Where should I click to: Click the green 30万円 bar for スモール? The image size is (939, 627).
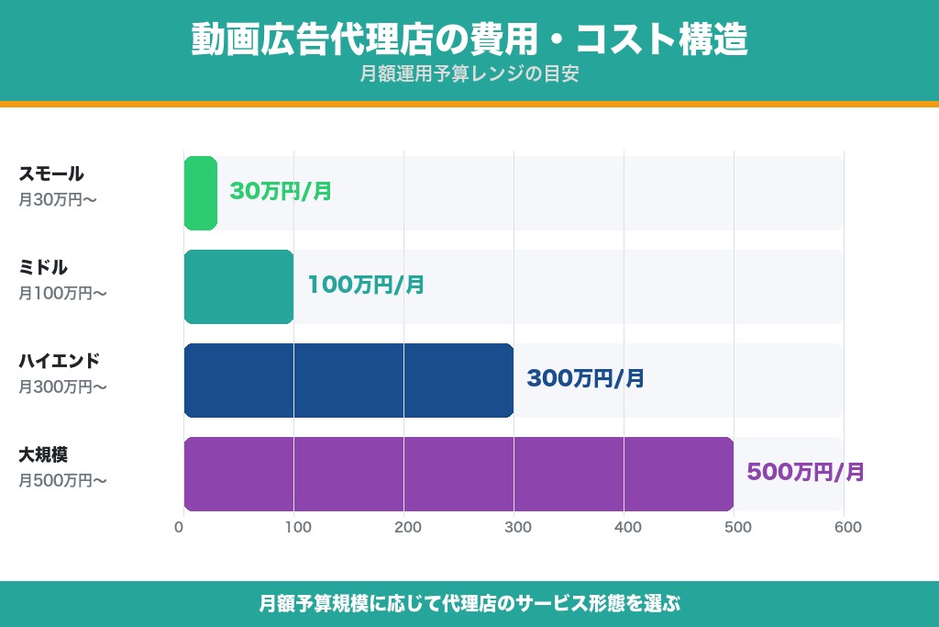click(201, 193)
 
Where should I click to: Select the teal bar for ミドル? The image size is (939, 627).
click(238, 286)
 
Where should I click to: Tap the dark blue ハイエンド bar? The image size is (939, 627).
click(348, 380)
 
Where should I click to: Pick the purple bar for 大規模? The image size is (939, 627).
click(458, 474)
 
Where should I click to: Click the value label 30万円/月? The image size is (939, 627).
click(281, 192)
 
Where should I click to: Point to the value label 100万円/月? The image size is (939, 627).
click(366, 286)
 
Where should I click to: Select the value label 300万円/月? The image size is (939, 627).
click(585, 378)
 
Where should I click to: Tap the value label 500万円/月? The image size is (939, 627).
click(805, 473)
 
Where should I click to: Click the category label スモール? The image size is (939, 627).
click(51, 174)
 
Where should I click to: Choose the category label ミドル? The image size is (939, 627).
click(44, 267)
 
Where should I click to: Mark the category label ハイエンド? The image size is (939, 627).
click(60, 361)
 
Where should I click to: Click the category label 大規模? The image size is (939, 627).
click(44, 454)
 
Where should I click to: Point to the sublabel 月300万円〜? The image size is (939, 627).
click(63, 387)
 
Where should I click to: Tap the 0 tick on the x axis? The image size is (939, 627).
click(180, 527)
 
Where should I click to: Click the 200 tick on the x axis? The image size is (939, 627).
click(407, 527)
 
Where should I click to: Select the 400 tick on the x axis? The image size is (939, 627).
click(627, 527)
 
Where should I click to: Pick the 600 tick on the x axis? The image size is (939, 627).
click(847, 527)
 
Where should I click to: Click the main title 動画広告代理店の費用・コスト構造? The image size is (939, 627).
click(469, 40)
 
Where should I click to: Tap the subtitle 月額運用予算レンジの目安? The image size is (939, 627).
click(469, 74)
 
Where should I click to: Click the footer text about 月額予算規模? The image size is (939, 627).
click(469, 604)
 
